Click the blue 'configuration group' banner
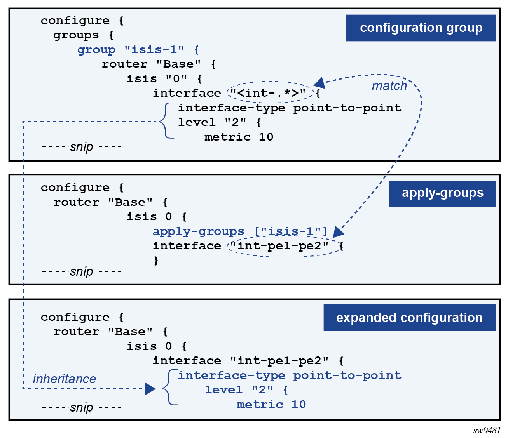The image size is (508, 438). (x=421, y=28)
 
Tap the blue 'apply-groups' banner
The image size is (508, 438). (x=442, y=193)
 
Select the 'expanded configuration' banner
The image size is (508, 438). (x=409, y=318)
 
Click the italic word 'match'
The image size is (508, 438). (x=389, y=86)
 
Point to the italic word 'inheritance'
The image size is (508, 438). (x=65, y=379)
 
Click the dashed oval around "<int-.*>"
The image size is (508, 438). (x=270, y=92)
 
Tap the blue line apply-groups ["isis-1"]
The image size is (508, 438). (x=240, y=231)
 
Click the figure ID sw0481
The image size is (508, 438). (x=487, y=430)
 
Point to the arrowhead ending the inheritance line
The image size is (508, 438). (x=150, y=389)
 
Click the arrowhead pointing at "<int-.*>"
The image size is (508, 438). (x=319, y=83)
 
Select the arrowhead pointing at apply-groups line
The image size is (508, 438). (x=338, y=232)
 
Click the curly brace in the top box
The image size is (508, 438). (x=166, y=120)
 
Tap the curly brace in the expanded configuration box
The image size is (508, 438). (x=169, y=387)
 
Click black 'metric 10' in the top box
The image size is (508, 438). (x=239, y=137)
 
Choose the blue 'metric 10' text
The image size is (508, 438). (x=271, y=405)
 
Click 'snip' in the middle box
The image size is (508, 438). (x=82, y=271)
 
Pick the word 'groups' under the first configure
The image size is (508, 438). (x=76, y=35)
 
